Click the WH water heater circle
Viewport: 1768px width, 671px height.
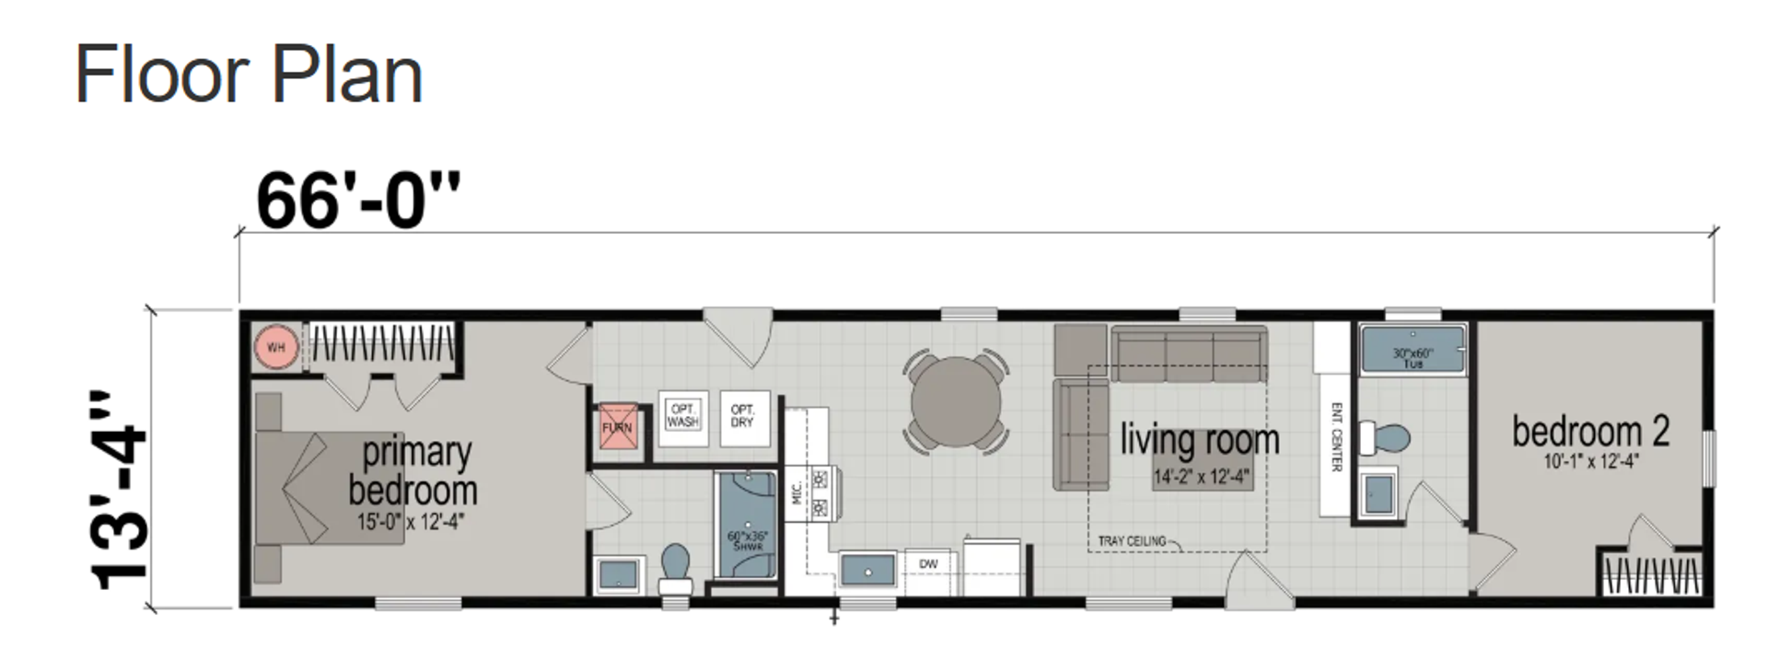[x=275, y=347]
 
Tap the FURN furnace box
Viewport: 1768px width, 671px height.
[x=617, y=428]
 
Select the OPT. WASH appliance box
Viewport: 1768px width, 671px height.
[x=682, y=417]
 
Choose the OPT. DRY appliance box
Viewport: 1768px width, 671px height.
[x=742, y=417]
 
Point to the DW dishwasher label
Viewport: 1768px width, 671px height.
[x=928, y=564]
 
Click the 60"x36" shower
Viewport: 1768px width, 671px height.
[x=747, y=526]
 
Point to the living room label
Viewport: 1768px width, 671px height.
[x=1200, y=440]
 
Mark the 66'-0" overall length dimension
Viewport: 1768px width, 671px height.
[x=357, y=201]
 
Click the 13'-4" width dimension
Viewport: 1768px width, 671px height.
[x=120, y=489]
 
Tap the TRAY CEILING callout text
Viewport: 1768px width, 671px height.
[x=1132, y=541]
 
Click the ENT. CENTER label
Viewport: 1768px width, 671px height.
[x=1336, y=437]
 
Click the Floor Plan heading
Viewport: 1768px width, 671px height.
[x=249, y=75]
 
